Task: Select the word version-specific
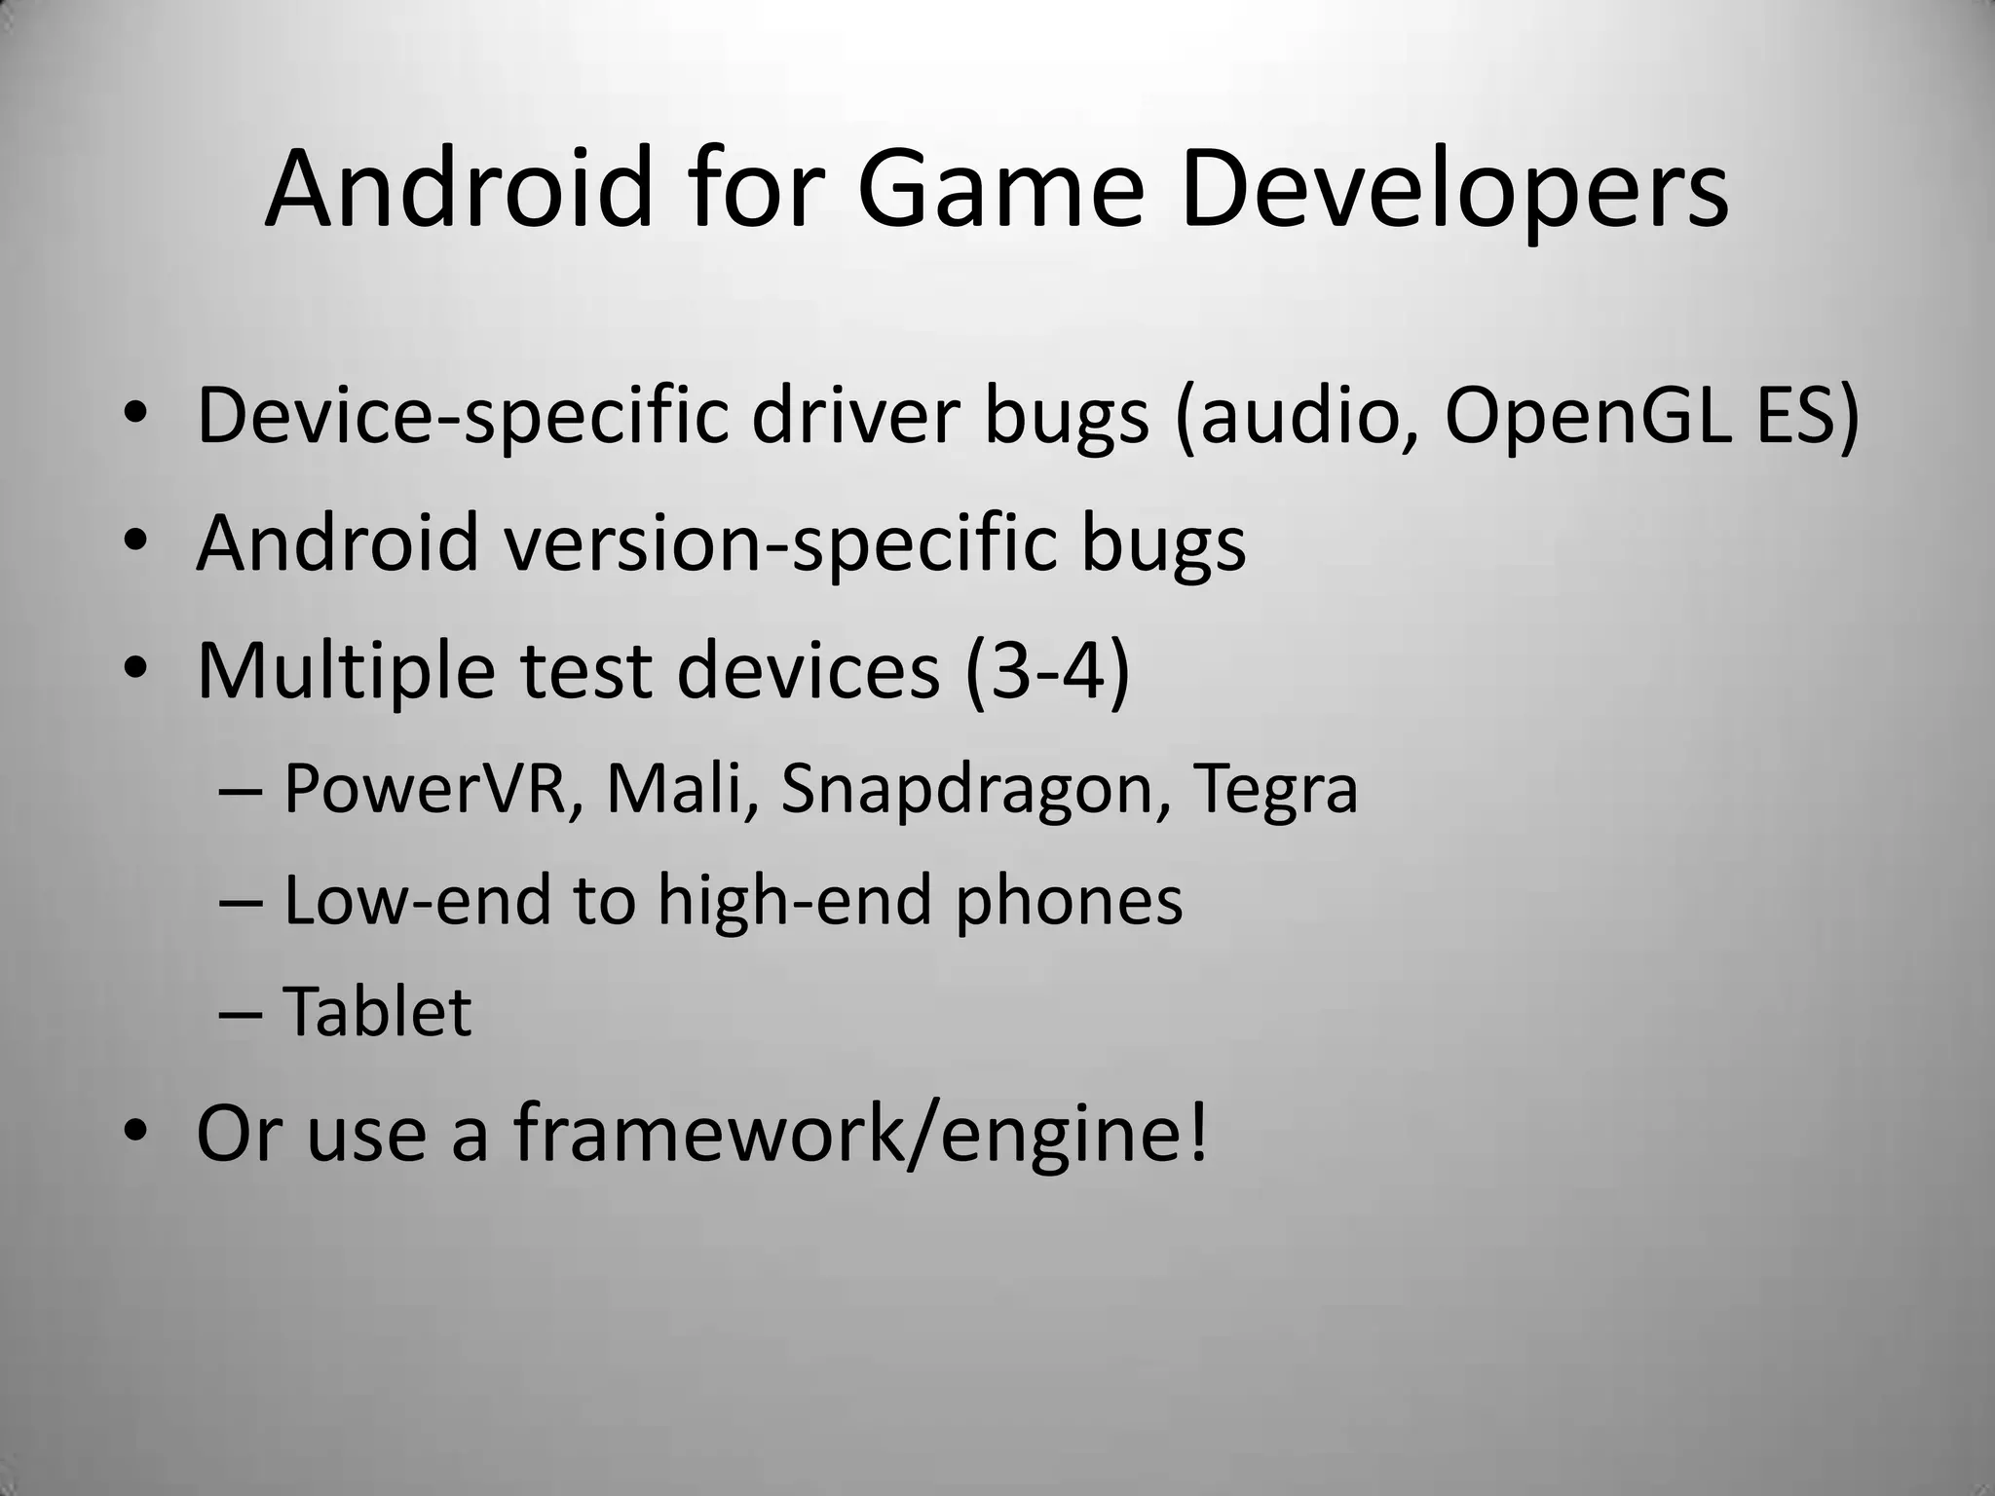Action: click(x=779, y=543)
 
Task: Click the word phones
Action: click(x=1068, y=901)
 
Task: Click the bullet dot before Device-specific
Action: click(x=135, y=418)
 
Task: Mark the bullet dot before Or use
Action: click(x=135, y=1133)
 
